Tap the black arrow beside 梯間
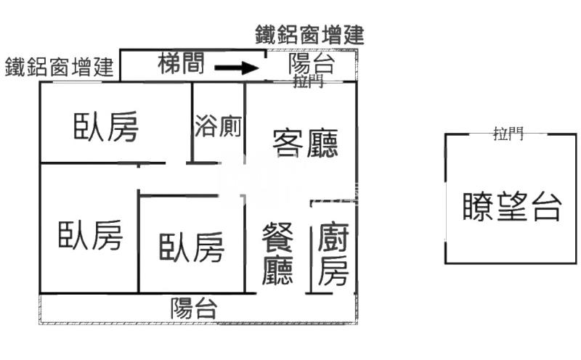click(237, 69)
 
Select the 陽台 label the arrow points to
click(311, 63)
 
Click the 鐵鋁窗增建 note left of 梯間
click(60, 67)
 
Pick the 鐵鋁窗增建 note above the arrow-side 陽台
click(309, 34)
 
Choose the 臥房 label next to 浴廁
click(106, 127)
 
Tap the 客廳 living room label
click(305, 142)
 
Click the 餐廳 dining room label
click(277, 254)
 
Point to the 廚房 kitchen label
click(333, 254)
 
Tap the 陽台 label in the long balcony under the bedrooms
click(194, 308)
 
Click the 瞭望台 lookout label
click(512, 207)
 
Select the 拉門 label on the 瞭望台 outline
click(508, 133)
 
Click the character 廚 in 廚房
click(333, 237)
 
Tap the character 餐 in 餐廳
click(277, 237)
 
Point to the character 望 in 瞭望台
click(512, 207)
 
